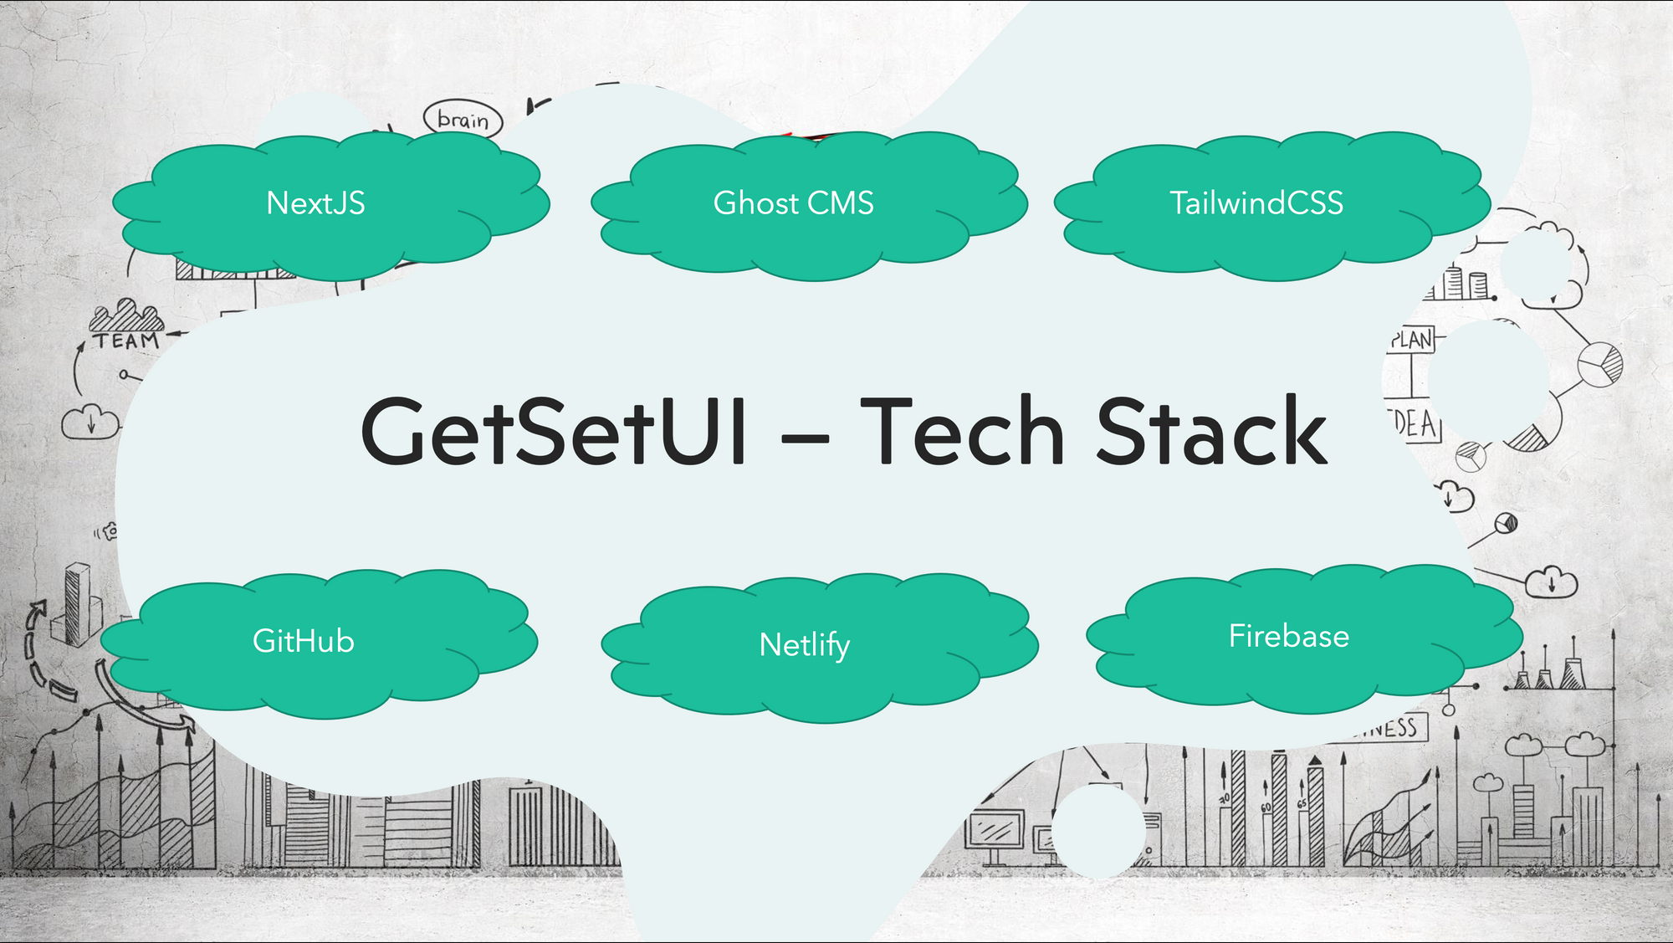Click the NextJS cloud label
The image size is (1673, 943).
[x=316, y=203]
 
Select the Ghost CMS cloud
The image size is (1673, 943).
[x=793, y=203]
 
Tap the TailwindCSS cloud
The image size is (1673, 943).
[x=1256, y=203]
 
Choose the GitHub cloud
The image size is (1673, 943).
[x=304, y=642]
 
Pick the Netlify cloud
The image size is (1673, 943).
[x=804, y=645]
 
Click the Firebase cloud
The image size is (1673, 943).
[x=1288, y=637]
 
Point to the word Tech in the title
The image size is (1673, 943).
[x=962, y=432]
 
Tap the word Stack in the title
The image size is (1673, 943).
[x=1211, y=432]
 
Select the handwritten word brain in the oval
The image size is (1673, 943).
[x=463, y=120]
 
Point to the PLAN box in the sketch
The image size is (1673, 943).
[x=1412, y=340]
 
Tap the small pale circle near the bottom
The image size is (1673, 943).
[x=1097, y=829]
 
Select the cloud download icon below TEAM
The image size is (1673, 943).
[x=90, y=421]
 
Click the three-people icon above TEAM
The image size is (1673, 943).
[x=126, y=315]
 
